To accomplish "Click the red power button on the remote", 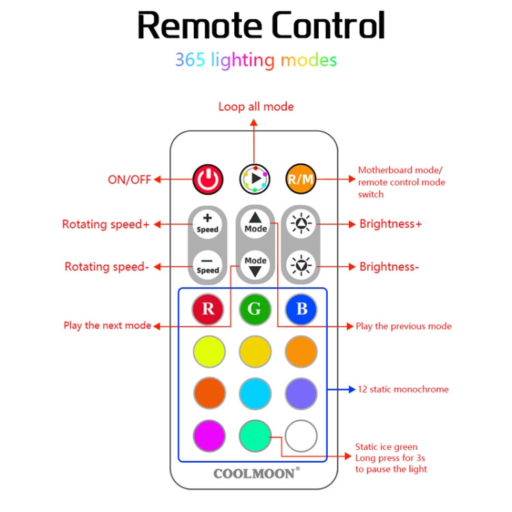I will (208, 180).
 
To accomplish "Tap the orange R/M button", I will (300, 180).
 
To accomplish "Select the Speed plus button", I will (208, 223).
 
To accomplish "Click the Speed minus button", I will (208, 264).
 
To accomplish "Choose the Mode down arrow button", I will (255, 265).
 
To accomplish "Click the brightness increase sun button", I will (300, 223).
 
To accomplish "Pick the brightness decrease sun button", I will (300, 264).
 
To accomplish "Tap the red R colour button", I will (208, 309).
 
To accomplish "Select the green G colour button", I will (255, 309).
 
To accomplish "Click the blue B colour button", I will (301, 309).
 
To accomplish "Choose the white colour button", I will (301, 434).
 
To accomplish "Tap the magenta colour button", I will (208, 434).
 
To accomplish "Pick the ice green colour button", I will (255, 434).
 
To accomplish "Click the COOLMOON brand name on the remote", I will (255, 473).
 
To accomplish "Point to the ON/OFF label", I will (128, 180).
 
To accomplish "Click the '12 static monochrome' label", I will (403, 390).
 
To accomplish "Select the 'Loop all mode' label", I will (256, 106).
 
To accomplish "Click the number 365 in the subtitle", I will (190, 60).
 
